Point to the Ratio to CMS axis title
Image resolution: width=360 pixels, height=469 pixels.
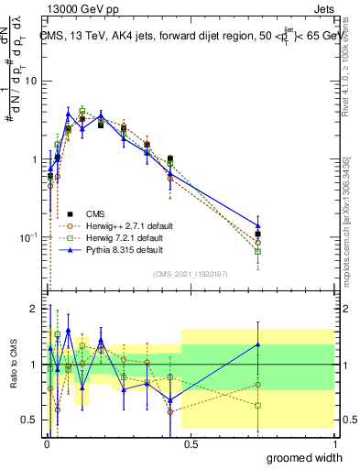(12, 363)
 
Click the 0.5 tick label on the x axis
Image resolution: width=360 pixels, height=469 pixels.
(191, 442)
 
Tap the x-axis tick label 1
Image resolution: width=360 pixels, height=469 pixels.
(334, 442)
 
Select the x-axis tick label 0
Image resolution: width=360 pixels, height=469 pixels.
(46, 442)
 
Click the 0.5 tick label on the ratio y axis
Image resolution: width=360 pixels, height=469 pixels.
(30, 420)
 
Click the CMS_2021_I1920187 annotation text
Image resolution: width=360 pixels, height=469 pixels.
(190, 273)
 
